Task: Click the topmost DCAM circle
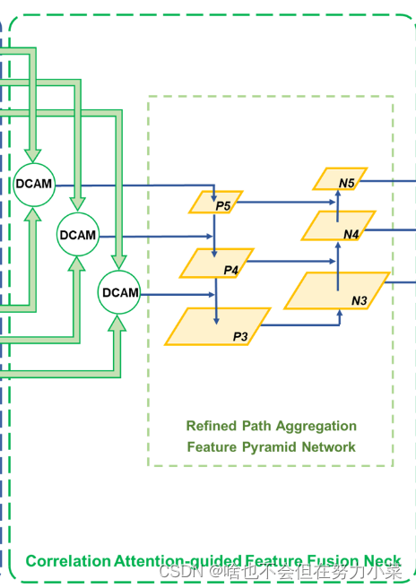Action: point(33,184)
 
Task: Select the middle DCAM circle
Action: point(77,235)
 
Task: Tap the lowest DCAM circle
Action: point(120,292)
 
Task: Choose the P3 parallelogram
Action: point(217,327)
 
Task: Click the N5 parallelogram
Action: point(340,179)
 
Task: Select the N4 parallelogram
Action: point(338,227)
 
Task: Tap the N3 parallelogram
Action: point(338,292)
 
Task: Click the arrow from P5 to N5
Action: point(278,203)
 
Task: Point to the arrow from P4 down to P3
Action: point(215,299)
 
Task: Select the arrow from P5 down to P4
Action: point(215,232)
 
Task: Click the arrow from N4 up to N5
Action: point(338,202)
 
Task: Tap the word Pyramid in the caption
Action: point(265,446)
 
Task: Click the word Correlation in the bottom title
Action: point(68,561)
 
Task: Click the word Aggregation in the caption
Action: point(315,426)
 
